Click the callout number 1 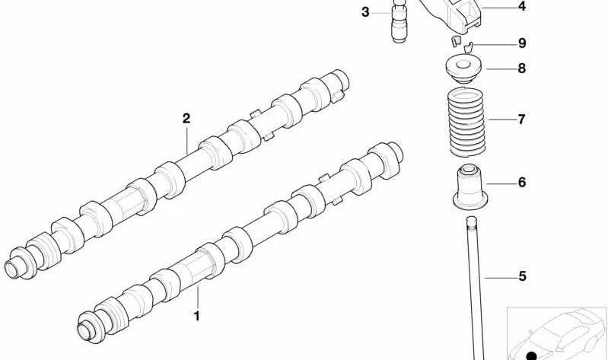(196, 316)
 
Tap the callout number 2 (186, 118)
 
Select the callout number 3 (365, 12)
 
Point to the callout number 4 (522, 6)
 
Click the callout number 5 (522, 276)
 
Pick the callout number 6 (522, 182)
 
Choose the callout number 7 (521, 119)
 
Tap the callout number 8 (522, 68)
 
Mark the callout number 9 (522, 43)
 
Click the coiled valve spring (466, 123)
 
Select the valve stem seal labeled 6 (470, 187)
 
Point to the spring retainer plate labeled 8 (463, 69)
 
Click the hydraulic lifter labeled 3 (399, 21)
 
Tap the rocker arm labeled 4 (454, 15)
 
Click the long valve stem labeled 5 (476, 288)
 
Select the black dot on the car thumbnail (531, 355)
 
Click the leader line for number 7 (502, 119)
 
